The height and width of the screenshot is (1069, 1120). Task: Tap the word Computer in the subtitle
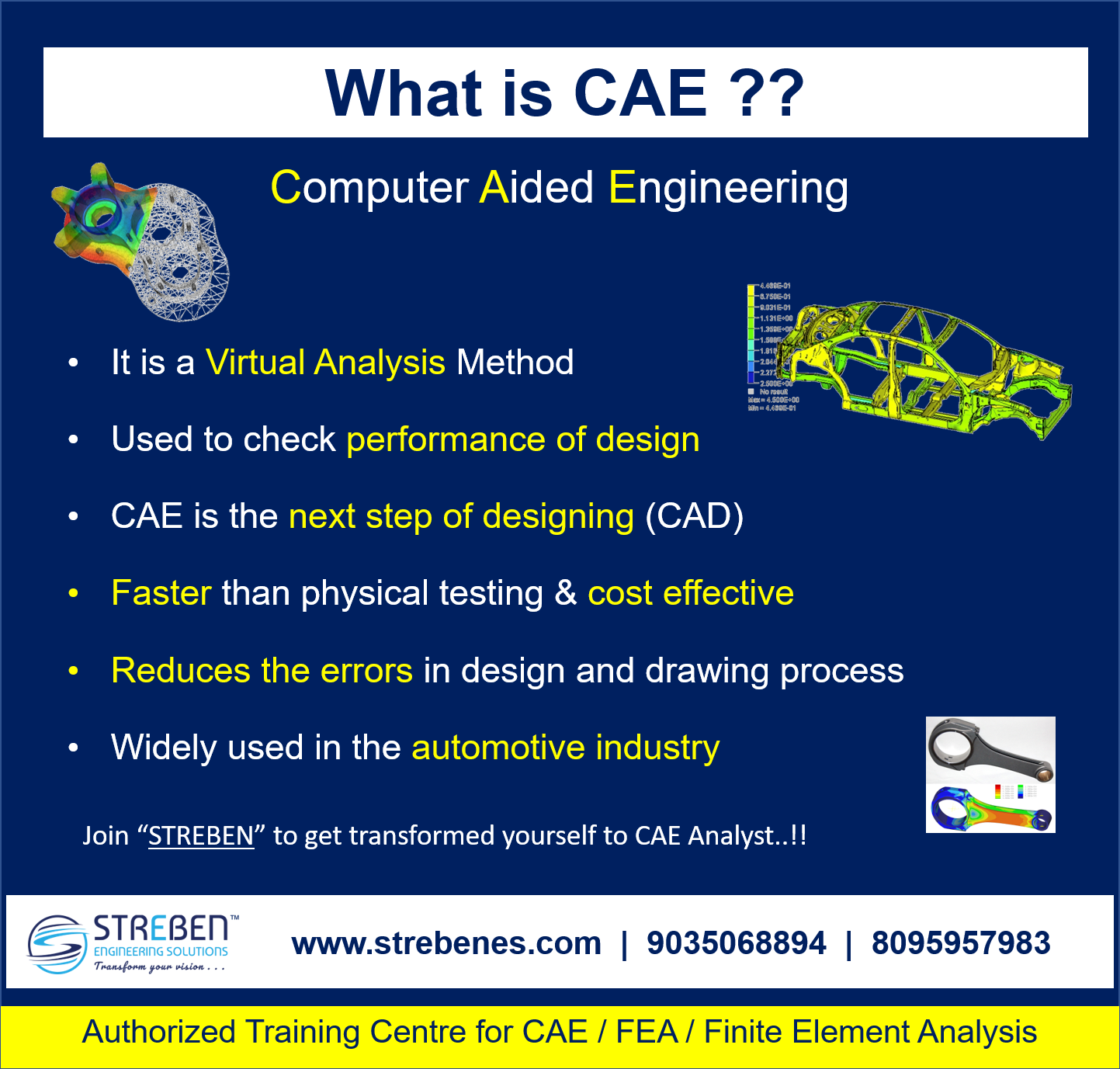(369, 188)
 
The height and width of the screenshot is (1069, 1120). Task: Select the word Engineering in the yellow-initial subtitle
(728, 188)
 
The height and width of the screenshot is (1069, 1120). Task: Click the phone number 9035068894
(736, 943)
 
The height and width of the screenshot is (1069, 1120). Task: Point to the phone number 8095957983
(961, 943)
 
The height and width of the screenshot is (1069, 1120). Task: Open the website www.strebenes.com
(446, 943)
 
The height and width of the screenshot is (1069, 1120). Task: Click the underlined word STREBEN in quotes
(201, 836)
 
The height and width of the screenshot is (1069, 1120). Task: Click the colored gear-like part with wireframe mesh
(140, 241)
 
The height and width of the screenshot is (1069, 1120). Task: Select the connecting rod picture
(990, 775)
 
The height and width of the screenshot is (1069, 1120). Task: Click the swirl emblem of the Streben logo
(57, 944)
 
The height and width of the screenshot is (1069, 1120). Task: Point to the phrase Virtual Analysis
(325, 363)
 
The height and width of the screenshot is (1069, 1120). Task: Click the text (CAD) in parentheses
(694, 516)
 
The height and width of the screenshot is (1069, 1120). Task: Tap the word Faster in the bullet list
(161, 593)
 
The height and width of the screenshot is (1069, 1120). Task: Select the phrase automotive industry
(565, 748)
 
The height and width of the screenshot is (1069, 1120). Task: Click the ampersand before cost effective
(566, 593)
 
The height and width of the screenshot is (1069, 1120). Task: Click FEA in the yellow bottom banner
(647, 1033)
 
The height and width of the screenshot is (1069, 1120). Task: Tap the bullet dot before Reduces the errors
(74, 671)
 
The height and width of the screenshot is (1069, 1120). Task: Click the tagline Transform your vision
(159, 967)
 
